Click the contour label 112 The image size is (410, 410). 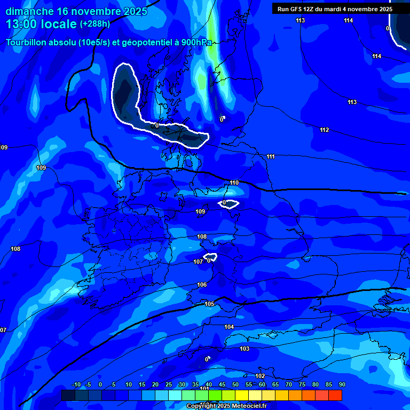(324, 130)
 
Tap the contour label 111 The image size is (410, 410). (271, 156)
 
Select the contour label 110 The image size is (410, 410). (234, 183)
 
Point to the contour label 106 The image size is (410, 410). (202, 285)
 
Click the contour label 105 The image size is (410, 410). (209, 304)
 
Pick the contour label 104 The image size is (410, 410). (229, 327)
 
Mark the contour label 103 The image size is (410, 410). (245, 349)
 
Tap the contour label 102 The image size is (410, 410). (260, 376)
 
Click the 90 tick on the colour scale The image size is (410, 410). (342, 384)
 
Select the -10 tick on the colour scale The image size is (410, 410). (76, 384)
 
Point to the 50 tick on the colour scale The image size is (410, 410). (235, 384)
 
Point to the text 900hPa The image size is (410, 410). (195, 42)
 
